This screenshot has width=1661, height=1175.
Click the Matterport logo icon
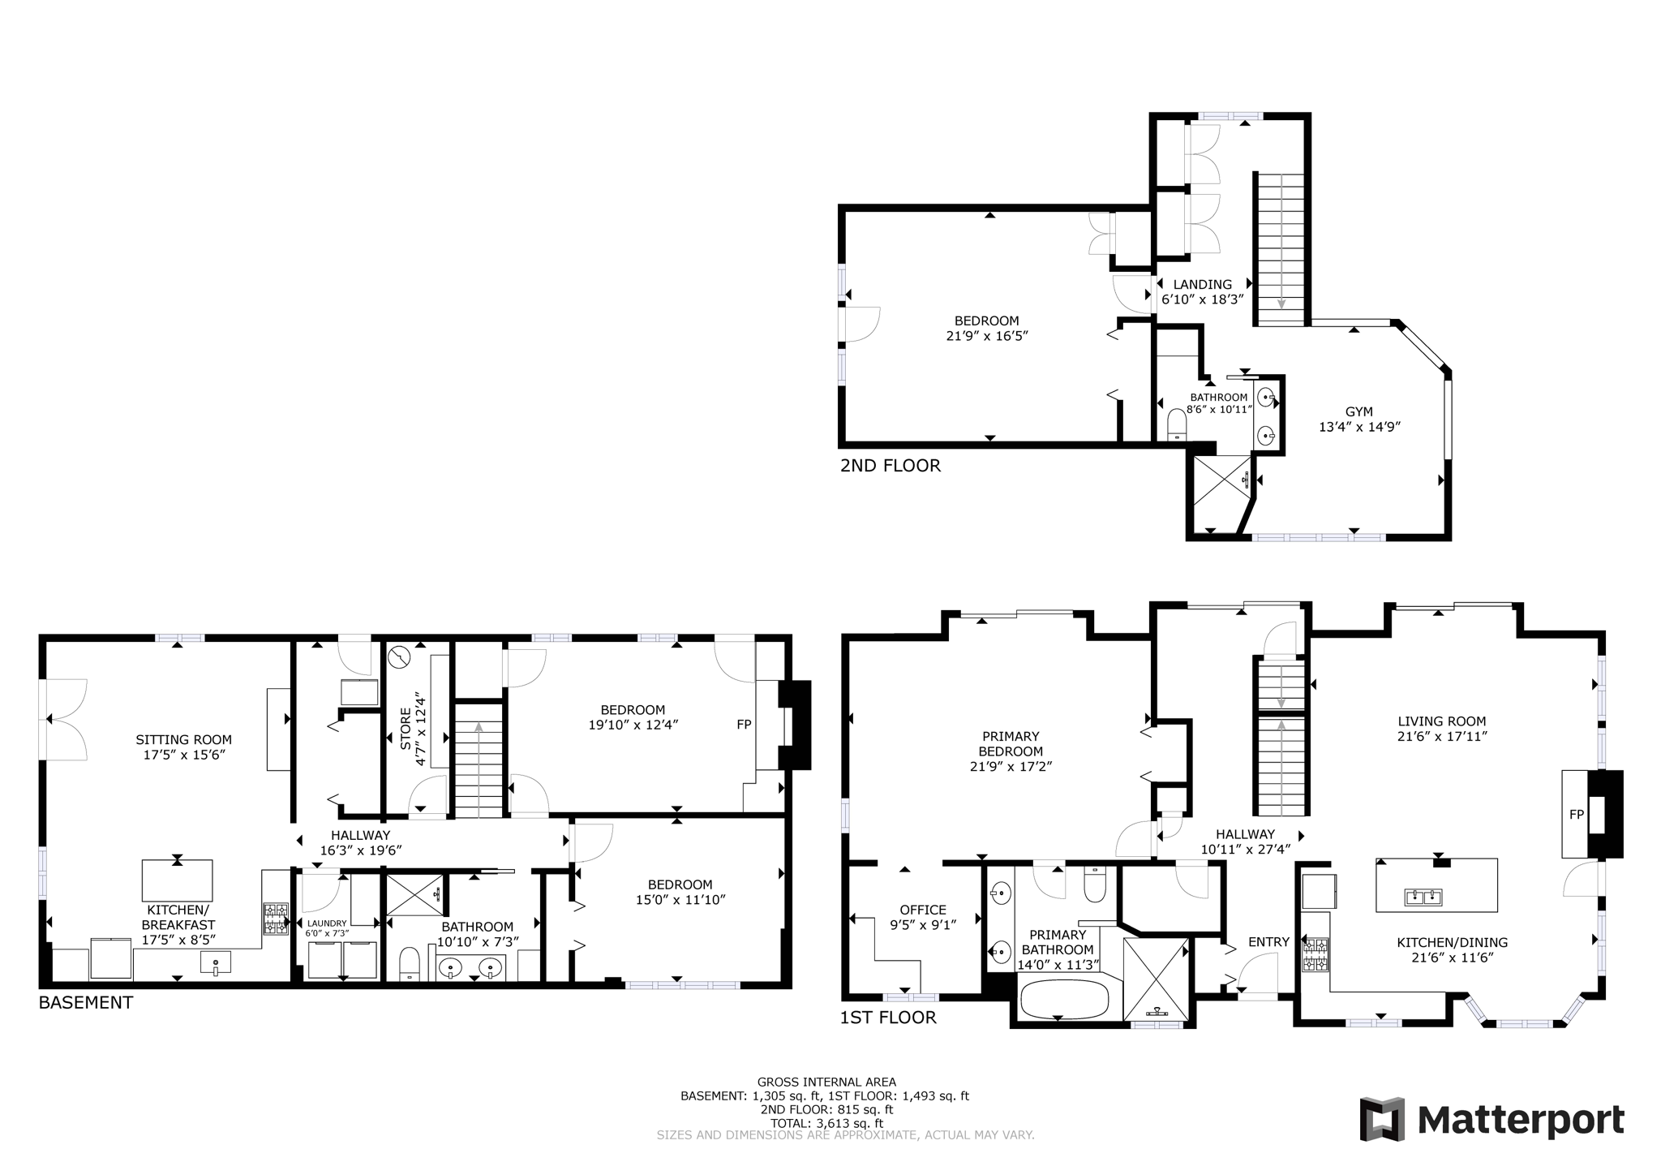1383,1119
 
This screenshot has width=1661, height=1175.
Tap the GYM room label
1359,412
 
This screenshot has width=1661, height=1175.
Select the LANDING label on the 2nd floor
1202,285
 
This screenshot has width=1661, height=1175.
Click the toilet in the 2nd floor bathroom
1177,425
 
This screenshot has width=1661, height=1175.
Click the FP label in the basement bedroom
744,725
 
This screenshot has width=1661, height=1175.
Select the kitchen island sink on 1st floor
1423,897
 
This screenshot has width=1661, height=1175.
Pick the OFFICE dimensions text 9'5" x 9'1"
923,924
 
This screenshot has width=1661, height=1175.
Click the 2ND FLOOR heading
890,466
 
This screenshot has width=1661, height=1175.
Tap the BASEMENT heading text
85,1002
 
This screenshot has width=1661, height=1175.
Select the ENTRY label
1268,942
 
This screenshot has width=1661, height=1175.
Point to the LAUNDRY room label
326,923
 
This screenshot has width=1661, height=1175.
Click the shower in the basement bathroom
414,894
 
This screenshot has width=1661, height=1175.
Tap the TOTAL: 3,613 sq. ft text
826,1123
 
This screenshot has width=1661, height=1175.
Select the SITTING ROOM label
183,740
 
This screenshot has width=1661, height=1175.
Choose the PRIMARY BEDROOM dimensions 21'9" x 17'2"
1011,766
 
